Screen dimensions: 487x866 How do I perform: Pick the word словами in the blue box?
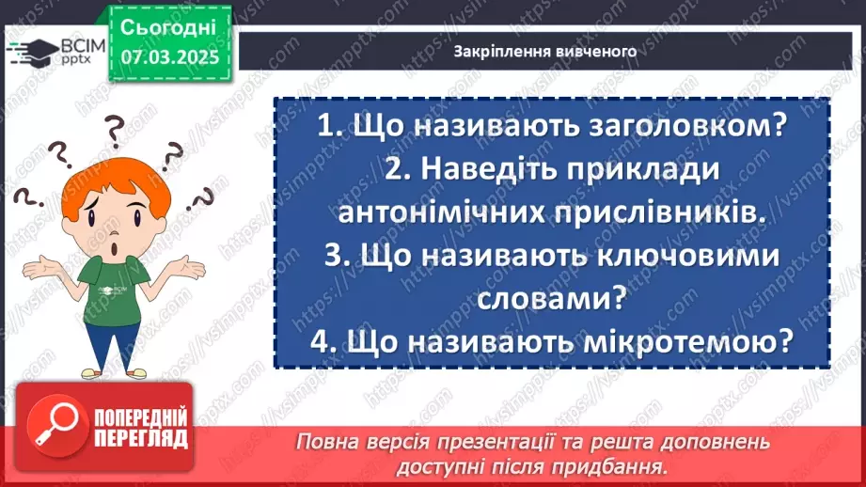pos(539,300)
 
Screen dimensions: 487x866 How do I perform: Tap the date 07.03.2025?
pos(169,56)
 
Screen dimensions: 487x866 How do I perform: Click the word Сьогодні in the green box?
pos(169,25)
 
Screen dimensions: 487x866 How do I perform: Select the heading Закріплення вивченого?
pos(545,52)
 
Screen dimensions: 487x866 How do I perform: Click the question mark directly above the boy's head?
pos(115,125)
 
